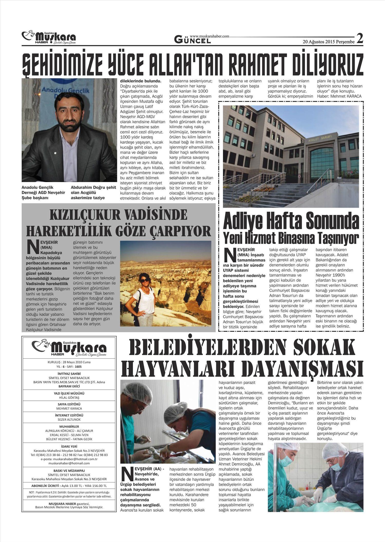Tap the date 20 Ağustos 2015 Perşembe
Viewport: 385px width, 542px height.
tap(329, 42)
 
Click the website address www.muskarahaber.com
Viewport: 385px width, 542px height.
tap(209, 36)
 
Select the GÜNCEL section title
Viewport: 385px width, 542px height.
tap(192, 40)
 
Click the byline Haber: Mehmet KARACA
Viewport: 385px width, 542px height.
tap(339, 96)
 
